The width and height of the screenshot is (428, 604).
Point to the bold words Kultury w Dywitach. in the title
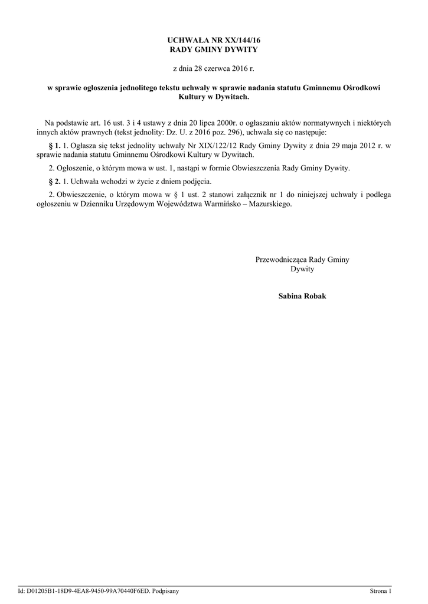coord(214,97)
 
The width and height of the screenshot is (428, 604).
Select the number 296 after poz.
coord(225,132)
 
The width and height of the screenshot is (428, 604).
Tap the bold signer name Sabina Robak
coord(302,296)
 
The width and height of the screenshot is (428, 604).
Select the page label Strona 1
coord(381,590)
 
